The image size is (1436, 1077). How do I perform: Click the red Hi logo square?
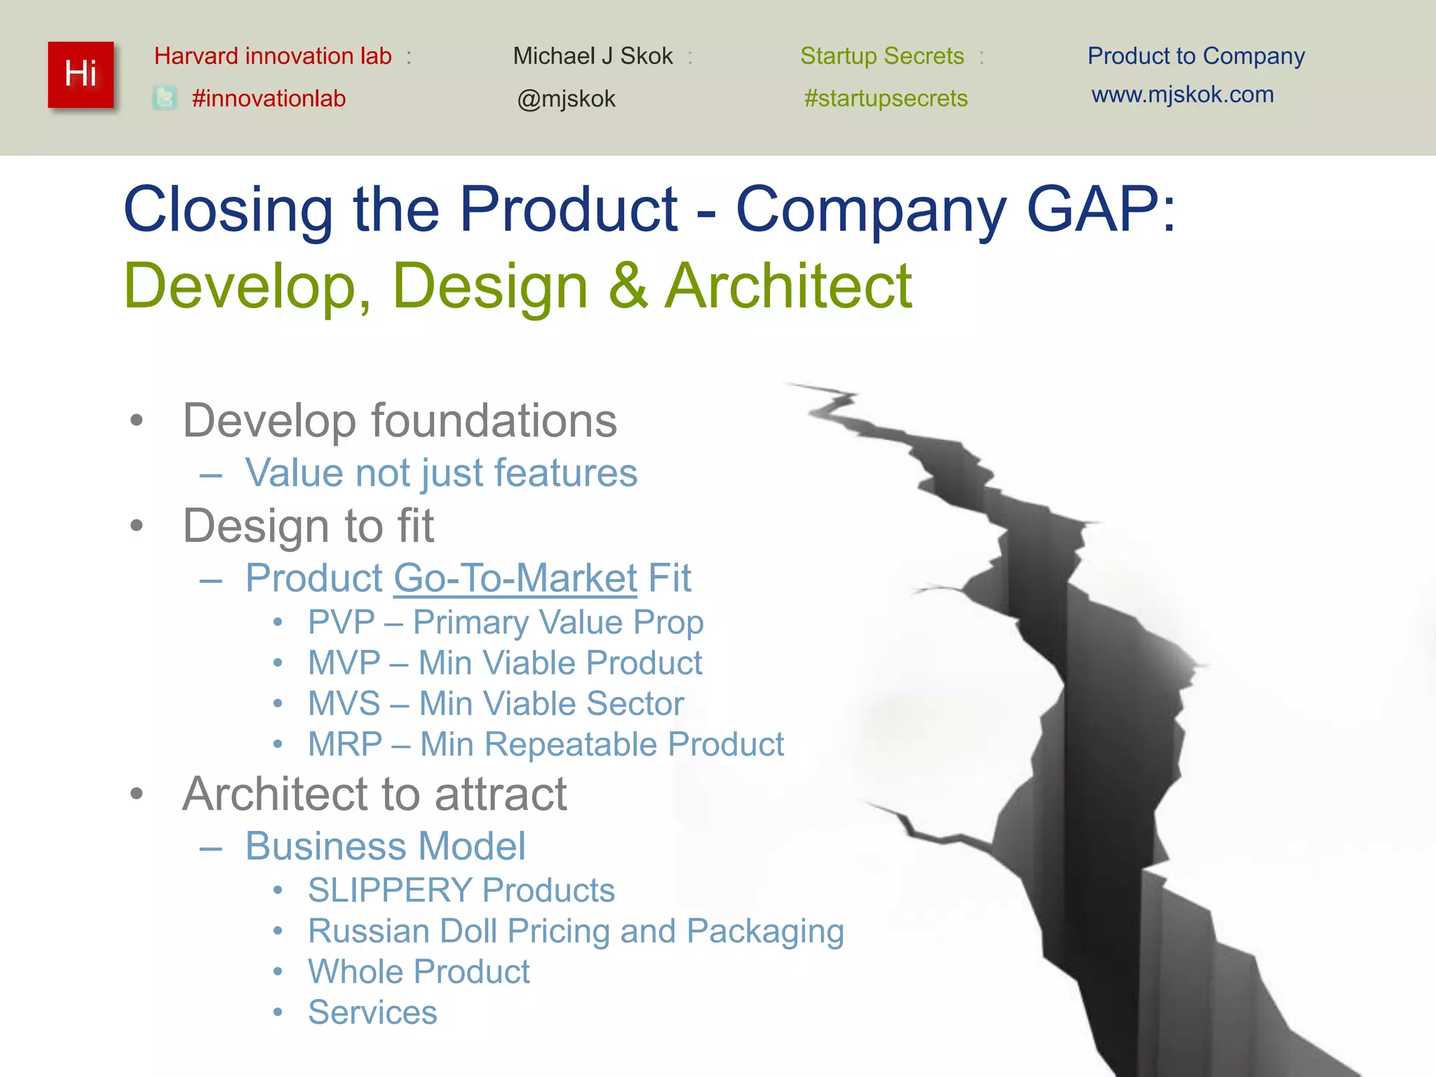(81, 75)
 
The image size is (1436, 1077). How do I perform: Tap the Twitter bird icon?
(165, 98)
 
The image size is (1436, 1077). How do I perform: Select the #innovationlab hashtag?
(269, 98)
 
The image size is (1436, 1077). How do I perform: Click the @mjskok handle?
(566, 99)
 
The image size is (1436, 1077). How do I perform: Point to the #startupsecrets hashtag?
(886, 98)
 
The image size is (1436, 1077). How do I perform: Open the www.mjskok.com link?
(1182, 95)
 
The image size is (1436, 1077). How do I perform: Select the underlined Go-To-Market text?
(515, 578)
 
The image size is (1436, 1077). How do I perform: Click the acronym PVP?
(341, 623)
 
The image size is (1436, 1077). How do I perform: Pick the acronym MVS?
(344, 704)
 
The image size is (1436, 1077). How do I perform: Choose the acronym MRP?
(345, 745)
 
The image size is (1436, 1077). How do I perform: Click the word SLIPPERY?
(389, 890)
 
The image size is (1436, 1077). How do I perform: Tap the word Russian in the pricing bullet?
(369, 931)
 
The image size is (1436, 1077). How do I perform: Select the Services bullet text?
(372, 1012)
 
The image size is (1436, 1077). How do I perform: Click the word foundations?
(494, 421)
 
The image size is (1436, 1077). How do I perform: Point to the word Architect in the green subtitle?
(788, 285)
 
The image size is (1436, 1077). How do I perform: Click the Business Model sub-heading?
(385, 846)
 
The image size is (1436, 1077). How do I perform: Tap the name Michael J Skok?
(592, 56)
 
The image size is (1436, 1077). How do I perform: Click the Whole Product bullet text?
(419, 972)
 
